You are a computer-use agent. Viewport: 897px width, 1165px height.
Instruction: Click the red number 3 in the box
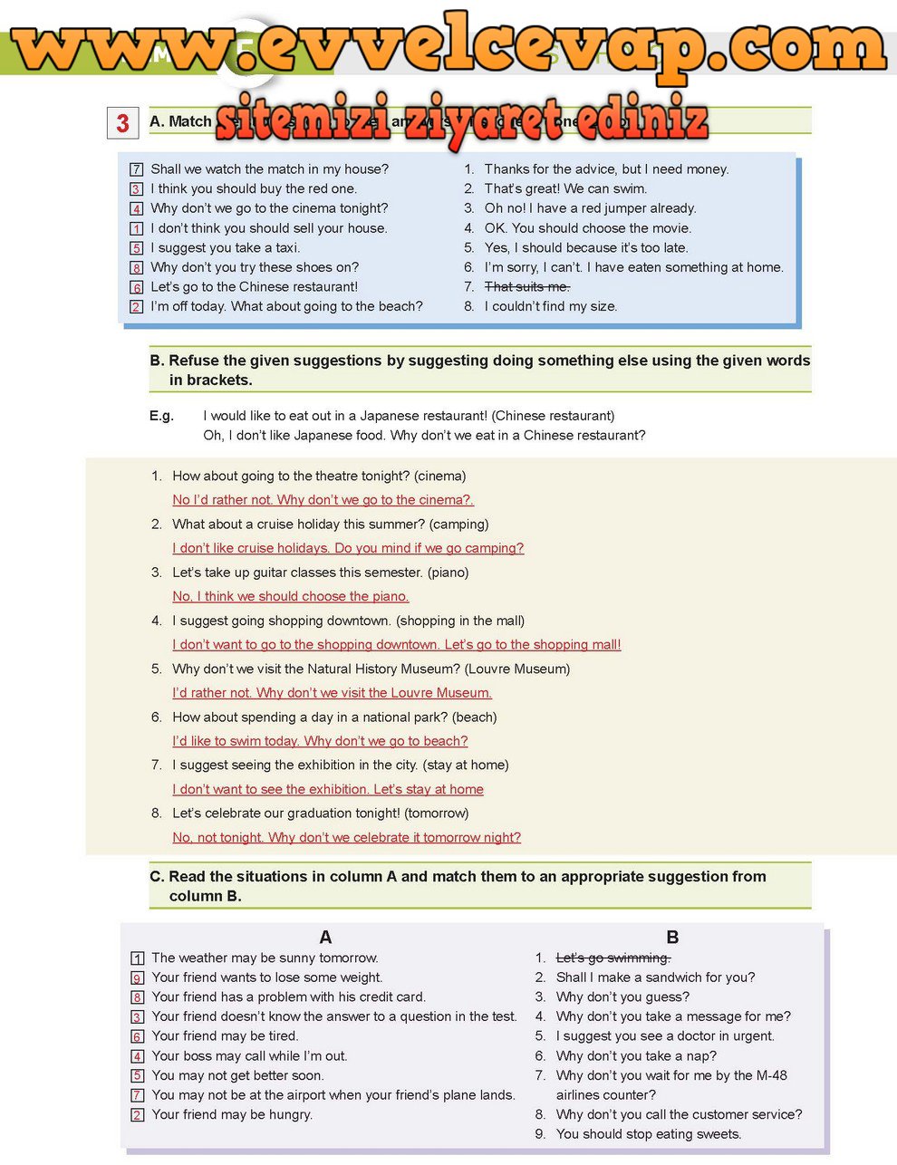pyautogui.click(x=123, y=123)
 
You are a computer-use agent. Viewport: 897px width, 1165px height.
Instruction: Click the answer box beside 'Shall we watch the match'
pyautogui.click(x=137, y=169)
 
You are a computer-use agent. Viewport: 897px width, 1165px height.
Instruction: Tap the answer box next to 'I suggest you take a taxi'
pyautogui.click(x=137, y=248)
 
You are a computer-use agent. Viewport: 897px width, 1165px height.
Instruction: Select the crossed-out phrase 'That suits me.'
pyautogui.click(x=526, y=287)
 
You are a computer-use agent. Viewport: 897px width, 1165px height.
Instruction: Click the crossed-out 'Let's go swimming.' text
pyautogui.click(x=613, y=958)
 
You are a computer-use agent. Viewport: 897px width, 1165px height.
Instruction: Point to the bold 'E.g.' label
pyautogui.click(x=161, y=416)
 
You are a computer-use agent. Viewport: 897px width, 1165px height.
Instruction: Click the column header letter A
pyautogui.click(x=325, y=938)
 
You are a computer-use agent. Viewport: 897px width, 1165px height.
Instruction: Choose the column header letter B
pyautogui.click(x=672, y=938)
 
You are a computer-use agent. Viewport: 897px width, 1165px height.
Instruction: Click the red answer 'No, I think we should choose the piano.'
pyautogui.click(x=291, y=596)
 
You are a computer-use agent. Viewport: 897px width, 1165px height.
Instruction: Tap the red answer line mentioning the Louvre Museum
pyautogui.click(x=332, y=693)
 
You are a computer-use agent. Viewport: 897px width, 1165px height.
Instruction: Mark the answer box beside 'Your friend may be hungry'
pyautogui.click(x=138, y=1115)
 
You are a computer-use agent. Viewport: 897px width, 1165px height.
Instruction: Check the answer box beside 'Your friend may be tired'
pyautogui.click(x=138, y=1036)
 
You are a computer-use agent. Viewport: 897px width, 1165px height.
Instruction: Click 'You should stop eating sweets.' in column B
pyautogui.click(x=648, y=1134)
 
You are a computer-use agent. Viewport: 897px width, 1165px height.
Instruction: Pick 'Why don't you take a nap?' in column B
pyautogui.click(x=636, y=1055)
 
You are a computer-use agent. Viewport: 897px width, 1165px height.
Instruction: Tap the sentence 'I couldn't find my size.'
pyautogui.click(x=550, y=306)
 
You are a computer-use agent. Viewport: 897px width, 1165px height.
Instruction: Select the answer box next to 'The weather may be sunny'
pyautogui.click(x=138, y=958)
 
